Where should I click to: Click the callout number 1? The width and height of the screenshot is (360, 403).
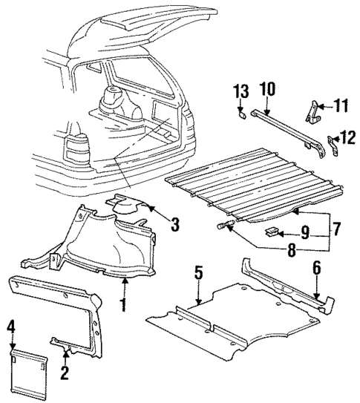pyautogui.click(x=125, y=304)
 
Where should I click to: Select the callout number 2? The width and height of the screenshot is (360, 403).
pyautogui.click(x=64, y=373)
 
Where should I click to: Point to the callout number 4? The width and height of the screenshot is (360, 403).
pyautogui.click(x=12, y=327)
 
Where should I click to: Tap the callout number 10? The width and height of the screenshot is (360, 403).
pyautogui.click(x=266, y=91)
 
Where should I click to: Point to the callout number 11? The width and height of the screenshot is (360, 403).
pyautogui.click(x=341, y=106)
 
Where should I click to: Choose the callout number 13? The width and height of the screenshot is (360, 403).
pyautogui.click(x=240, y=91)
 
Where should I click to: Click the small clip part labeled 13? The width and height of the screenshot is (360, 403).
pyautogui.click(x=241, y=114)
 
